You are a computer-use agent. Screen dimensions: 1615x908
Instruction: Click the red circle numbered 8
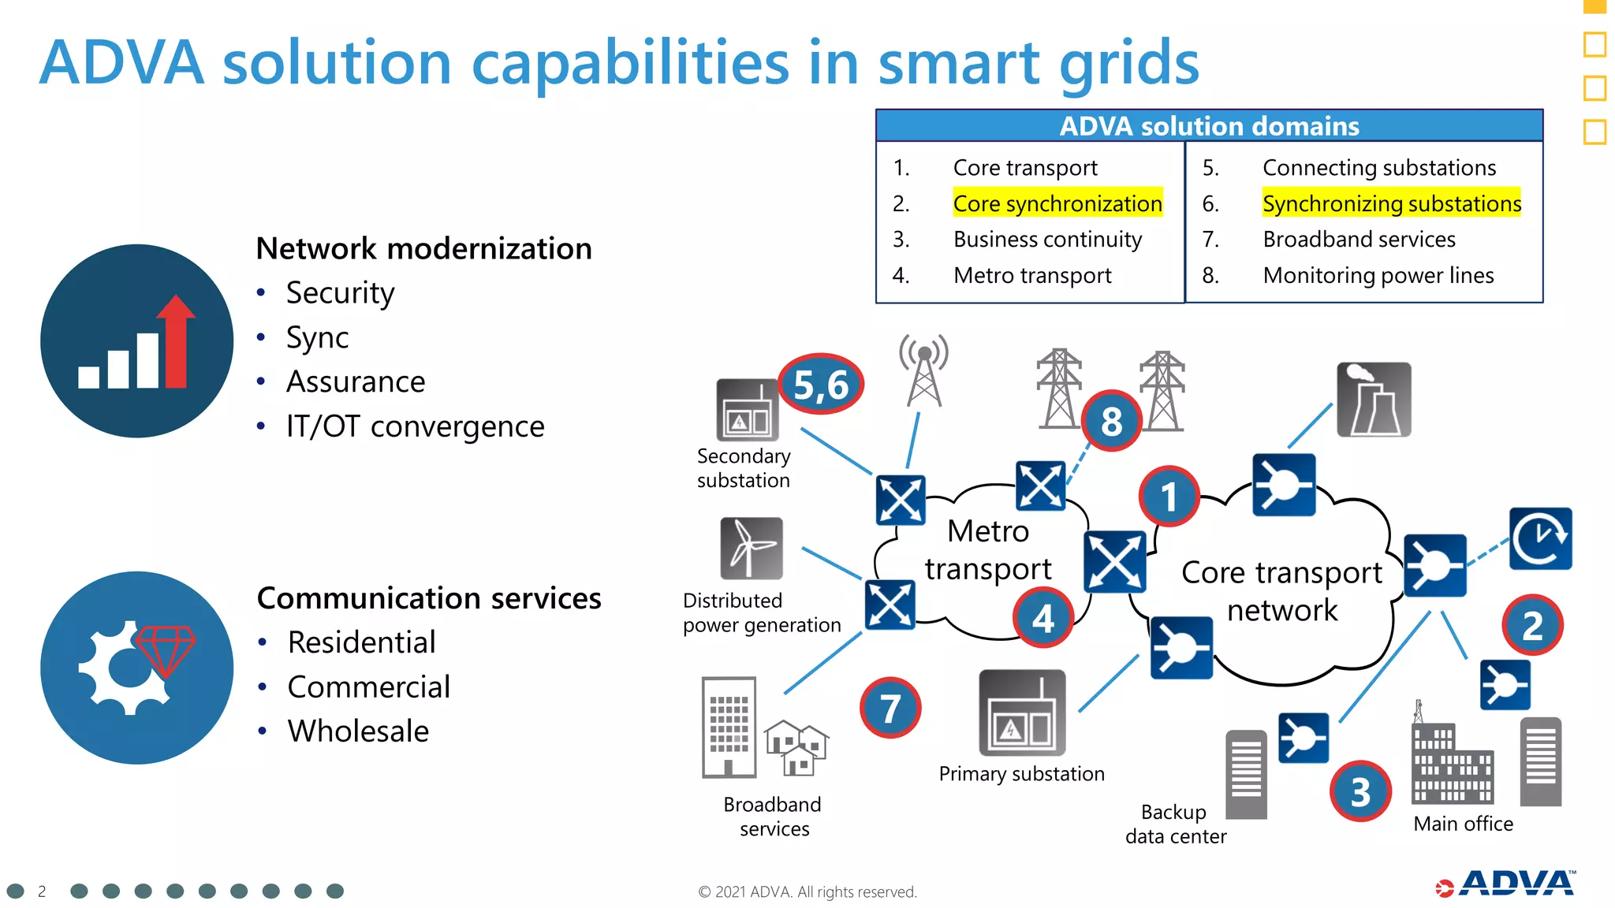[1111, 421]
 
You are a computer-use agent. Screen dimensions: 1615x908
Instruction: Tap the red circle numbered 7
[890, 708]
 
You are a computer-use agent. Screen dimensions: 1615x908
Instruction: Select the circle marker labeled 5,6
[821, 385]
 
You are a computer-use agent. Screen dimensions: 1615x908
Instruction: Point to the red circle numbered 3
[1360, 791]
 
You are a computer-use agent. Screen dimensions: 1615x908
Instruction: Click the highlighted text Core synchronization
[1057, 203]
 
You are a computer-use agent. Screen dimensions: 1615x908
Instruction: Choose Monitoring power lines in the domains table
[1378, 275]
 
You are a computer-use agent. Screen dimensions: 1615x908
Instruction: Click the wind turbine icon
[752, 548]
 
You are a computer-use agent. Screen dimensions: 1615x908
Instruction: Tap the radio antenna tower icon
[924, 370]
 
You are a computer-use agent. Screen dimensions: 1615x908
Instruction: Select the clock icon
[1540, 538]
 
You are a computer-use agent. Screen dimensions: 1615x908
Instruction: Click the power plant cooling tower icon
[1374, 400]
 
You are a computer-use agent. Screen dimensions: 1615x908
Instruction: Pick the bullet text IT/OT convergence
[415, 426]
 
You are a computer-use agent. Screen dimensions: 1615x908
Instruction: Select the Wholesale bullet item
[358, 731]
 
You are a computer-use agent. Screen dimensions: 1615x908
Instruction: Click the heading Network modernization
[423, 248]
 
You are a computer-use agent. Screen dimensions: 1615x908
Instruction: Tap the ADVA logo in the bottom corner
[1506, 884]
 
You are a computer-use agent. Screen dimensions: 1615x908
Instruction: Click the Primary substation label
[1021, 774]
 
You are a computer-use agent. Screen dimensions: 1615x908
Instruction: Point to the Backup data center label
[1176, 824]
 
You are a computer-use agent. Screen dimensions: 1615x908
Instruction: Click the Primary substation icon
[1022, 713]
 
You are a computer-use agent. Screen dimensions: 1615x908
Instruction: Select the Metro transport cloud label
[988, 550]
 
